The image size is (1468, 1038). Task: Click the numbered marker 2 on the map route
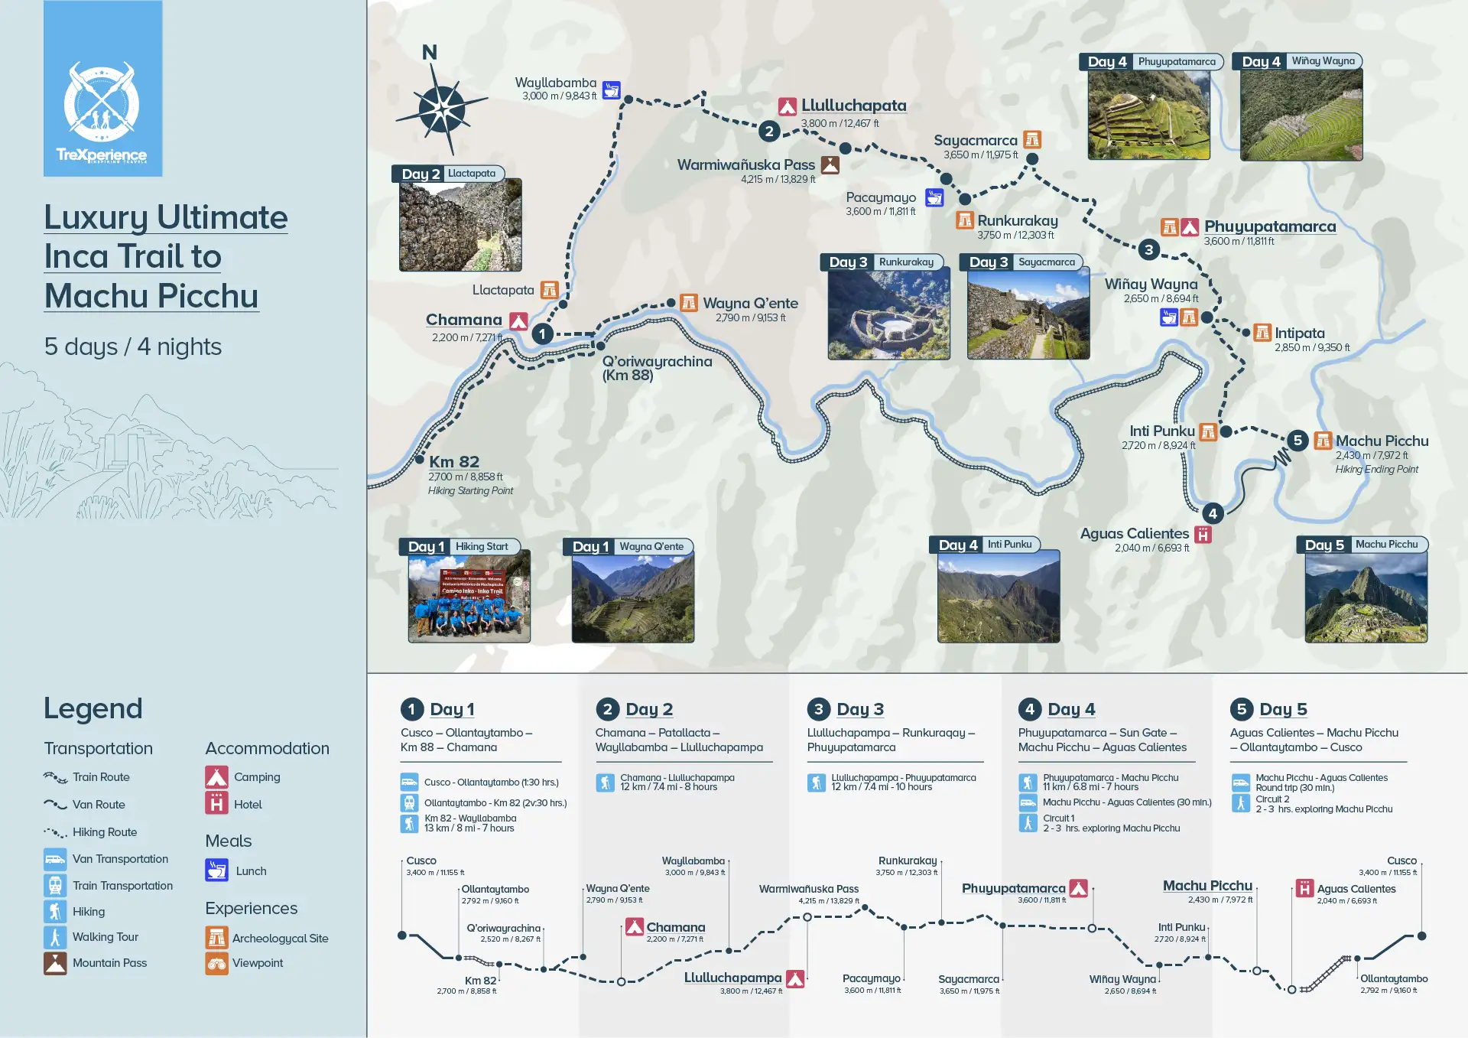769,132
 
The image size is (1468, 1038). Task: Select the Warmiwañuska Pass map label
745,165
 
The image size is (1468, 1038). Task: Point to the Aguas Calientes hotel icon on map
1203,535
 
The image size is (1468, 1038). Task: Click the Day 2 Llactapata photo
460,225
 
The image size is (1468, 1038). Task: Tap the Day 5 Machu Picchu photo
1366,597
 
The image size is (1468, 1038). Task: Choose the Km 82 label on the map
454,462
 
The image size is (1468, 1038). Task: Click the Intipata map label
1300,334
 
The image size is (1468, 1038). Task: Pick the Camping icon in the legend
216,777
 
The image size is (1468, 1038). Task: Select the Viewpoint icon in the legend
216,964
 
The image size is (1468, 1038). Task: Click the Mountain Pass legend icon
55,964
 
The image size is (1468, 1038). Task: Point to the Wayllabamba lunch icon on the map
611,90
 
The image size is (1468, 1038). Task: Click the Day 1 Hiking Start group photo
469,599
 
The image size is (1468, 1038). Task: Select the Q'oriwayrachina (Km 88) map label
656,368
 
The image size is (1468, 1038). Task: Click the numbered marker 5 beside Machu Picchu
1297,441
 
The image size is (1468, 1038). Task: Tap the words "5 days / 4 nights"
133,347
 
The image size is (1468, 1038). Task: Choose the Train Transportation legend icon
55,886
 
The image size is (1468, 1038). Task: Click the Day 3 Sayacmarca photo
1028,314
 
